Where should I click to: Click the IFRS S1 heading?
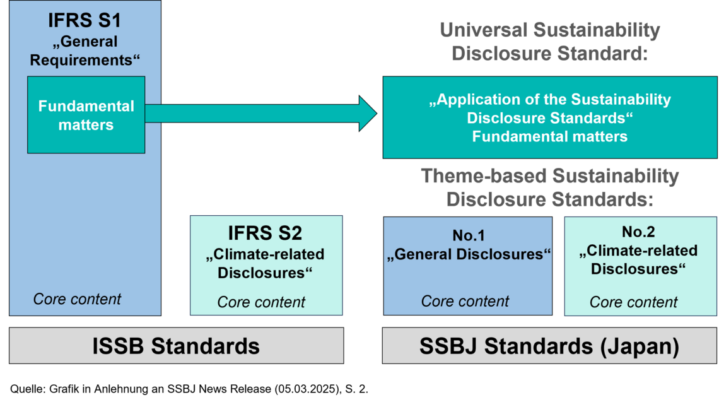[x=85, y=20]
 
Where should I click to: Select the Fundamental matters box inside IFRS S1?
[x=86, y=115]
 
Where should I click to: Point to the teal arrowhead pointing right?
[x=367, y=114]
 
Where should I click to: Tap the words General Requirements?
[x=85, y=51]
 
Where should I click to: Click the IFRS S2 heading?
[x=266, y=234]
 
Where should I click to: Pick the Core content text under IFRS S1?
[x=77, y=299]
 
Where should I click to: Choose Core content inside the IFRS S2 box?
[x=261, y=302]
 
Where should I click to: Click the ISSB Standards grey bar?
[x=176, y=346]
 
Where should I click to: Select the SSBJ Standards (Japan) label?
[x=549, y=346]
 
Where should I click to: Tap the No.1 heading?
[x=468, y=236]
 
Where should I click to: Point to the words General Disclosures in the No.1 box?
[x=468, y=254]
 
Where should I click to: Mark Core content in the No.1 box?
[x=465, y=302]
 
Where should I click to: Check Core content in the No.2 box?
[x=633, y=302]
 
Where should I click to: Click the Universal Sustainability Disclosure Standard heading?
[x=549, y=41]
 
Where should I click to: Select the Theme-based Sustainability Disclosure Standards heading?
[x=549, y=187]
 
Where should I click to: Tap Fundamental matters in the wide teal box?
[x=549, y=136]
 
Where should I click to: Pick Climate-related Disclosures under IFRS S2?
[x=266, y=264]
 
